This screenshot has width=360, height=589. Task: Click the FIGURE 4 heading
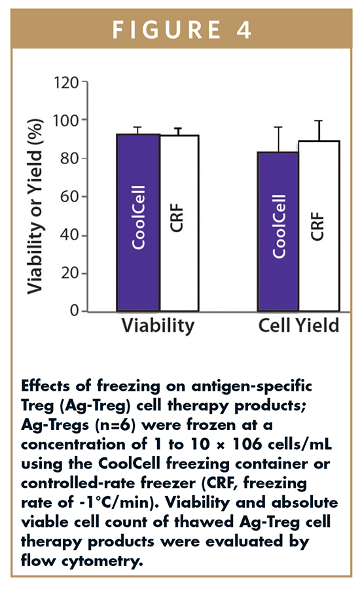[181, 30]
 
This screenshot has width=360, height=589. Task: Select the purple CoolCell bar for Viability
[139, 223]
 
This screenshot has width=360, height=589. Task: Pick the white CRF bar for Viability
[179, 223]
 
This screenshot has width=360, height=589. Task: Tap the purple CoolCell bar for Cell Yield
[278, 232]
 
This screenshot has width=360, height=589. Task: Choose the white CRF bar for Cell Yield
[319, 226]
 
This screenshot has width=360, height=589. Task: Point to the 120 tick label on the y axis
[66, 82]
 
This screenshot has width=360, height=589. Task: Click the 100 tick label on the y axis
[66, 120]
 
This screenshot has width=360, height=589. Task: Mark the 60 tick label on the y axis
[70, 197]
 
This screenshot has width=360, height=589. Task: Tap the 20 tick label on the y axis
[70, 273]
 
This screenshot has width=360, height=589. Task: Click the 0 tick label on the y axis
[75, 311]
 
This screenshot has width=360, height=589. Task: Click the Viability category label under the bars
[158, 326]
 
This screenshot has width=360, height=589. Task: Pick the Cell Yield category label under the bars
[298, 325]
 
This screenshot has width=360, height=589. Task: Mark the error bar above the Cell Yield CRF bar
[319, 131]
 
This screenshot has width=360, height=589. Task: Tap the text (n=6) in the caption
[117, 425]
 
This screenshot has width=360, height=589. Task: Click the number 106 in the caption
[247, 444]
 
